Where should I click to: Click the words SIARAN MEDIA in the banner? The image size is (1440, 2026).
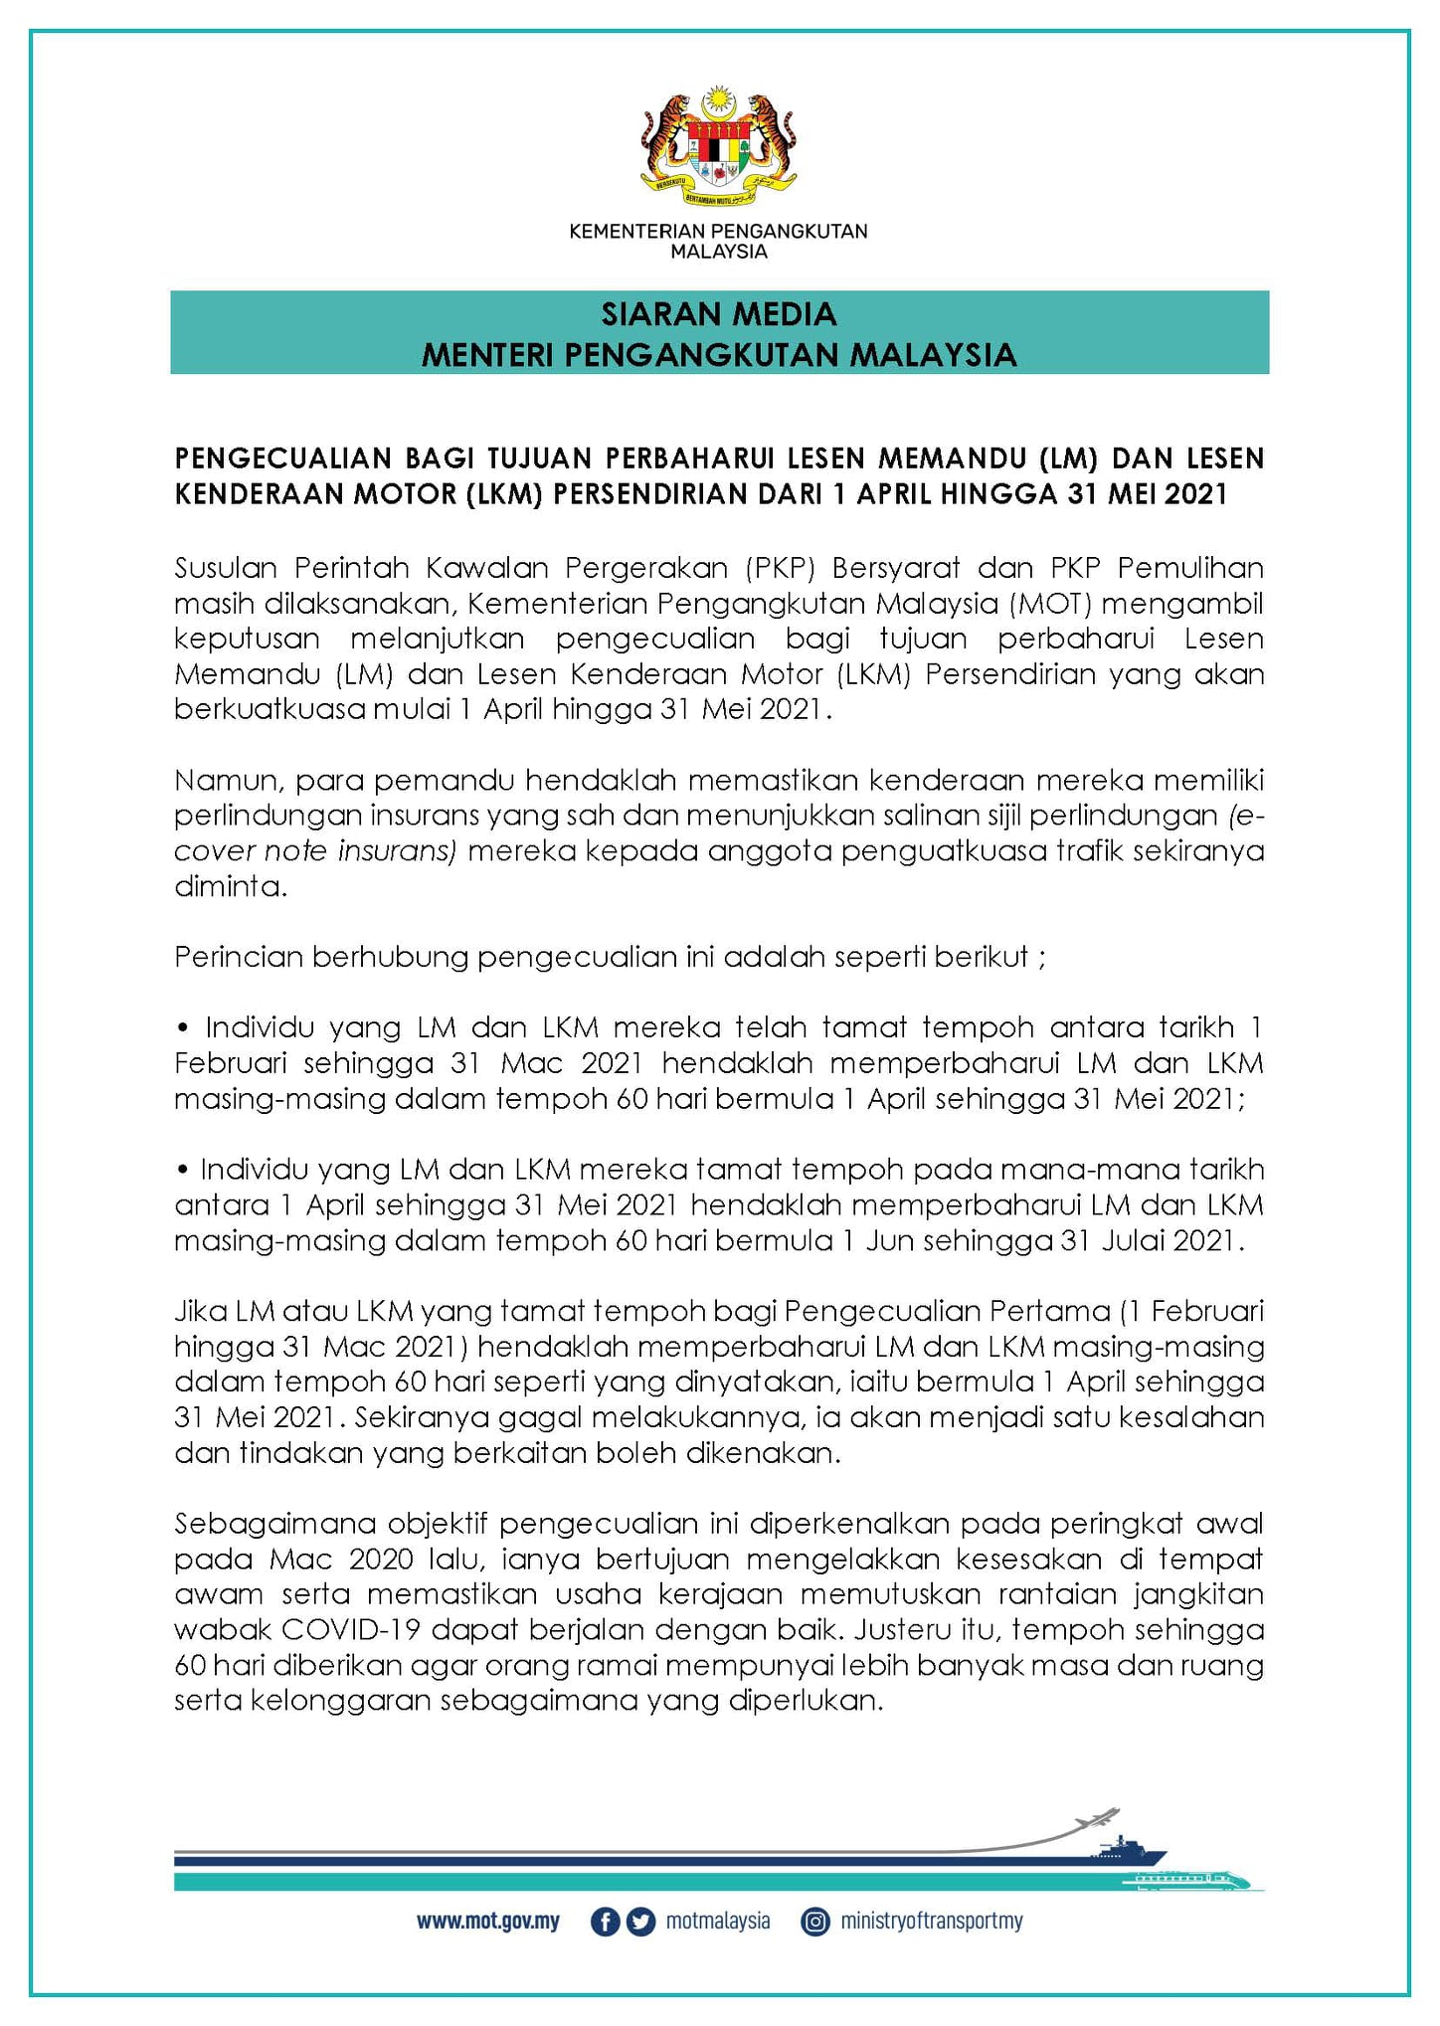pos(718,314)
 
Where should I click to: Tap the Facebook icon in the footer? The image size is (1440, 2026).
pos(605,1922)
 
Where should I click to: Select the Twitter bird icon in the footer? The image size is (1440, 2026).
pos(641,1922)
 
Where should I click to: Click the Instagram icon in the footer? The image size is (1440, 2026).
pos(815,1922)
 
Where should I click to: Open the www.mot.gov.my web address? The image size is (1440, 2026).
pos(488,1922)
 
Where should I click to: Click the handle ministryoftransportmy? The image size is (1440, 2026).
pos(932,1922)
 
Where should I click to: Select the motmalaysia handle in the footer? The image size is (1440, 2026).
pos(718,1922)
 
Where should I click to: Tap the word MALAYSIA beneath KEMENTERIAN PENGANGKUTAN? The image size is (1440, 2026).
pos(718,253)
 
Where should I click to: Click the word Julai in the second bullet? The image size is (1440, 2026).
pos(1132,1241)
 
